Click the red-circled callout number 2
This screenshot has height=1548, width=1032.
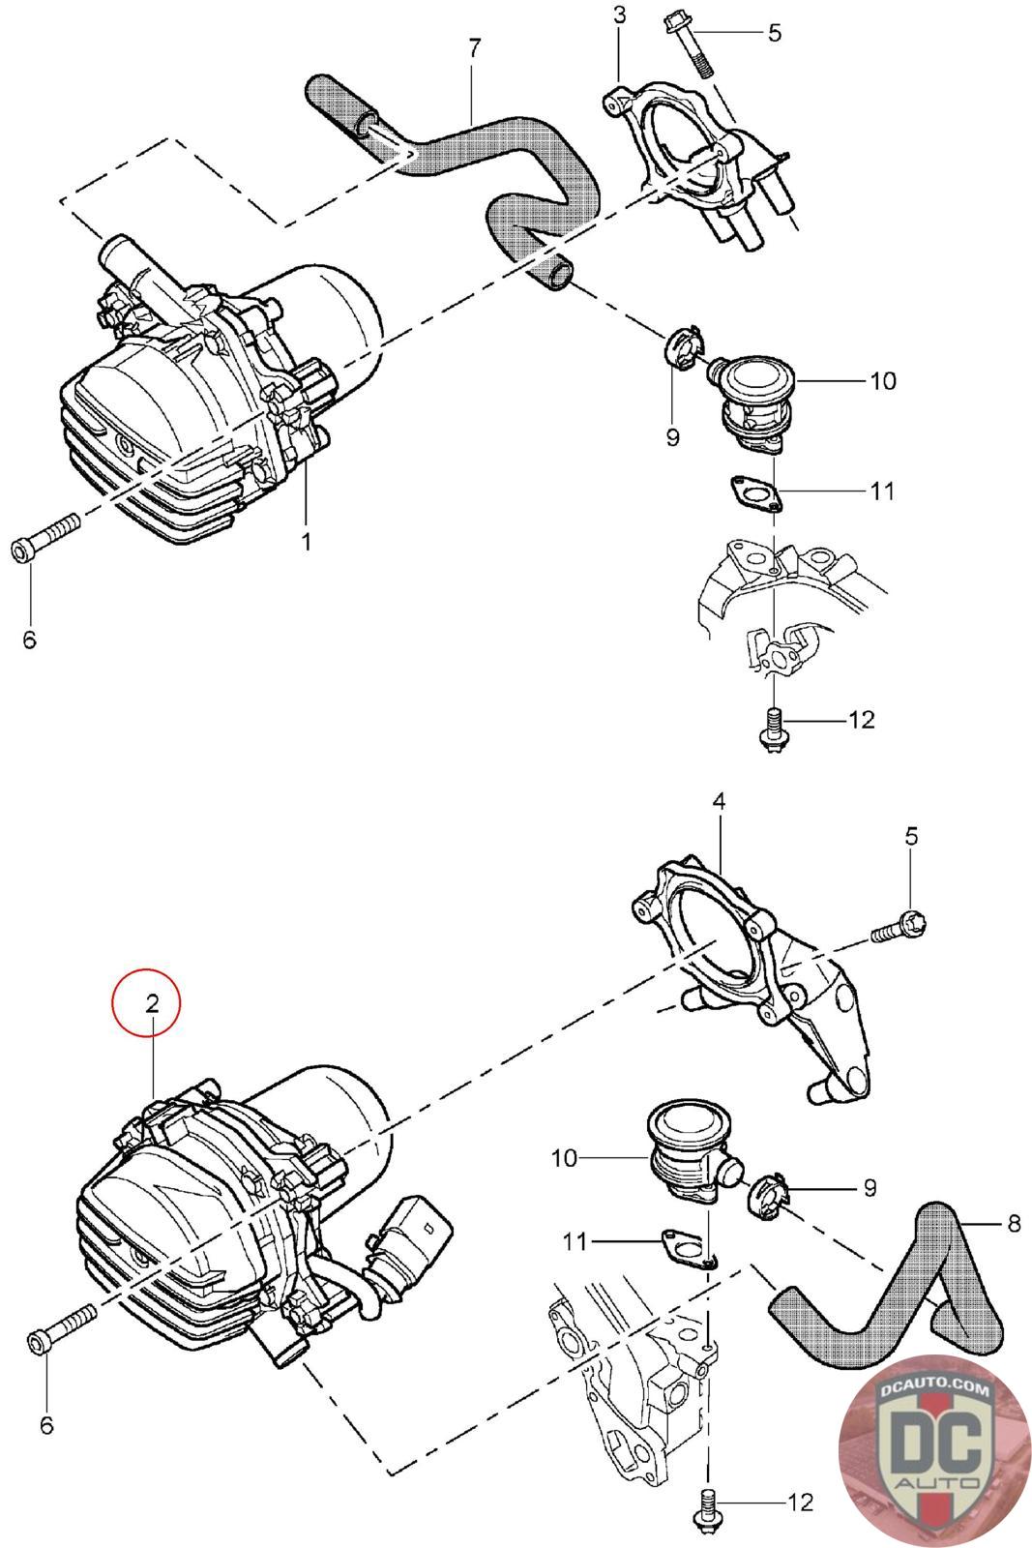(152, 1002)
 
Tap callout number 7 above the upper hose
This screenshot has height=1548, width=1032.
(474, 47)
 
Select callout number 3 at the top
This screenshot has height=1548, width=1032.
(620, 15)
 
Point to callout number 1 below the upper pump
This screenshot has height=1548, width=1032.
(306, 541)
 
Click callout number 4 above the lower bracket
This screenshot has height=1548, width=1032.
(719, 802)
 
